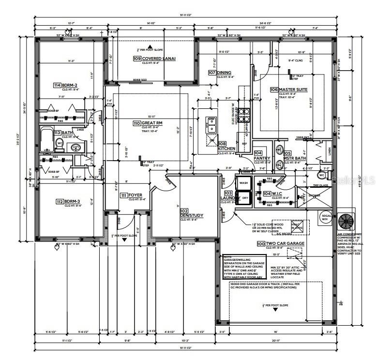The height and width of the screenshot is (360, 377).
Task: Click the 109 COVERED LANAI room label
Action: (154, 59)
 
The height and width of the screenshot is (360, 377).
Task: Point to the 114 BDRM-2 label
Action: (65, 85)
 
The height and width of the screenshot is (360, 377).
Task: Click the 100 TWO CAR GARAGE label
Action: (280, 243)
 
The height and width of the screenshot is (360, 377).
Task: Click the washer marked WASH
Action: (243, 183)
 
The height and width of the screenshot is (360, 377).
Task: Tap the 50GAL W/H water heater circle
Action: (324, 217)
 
